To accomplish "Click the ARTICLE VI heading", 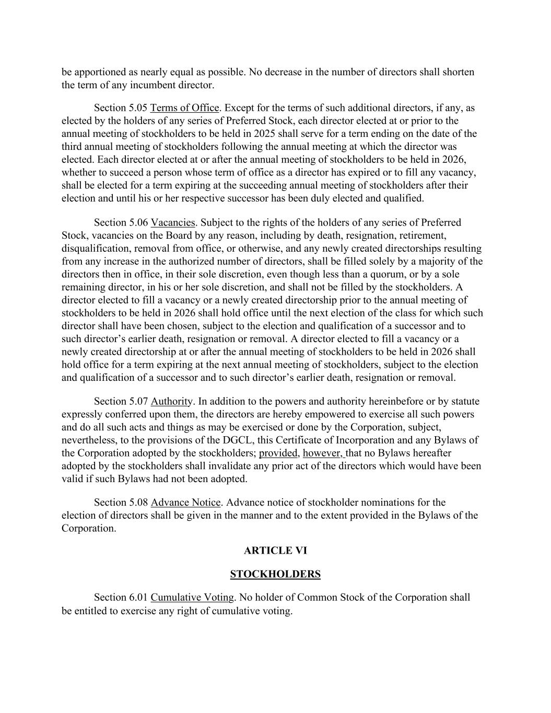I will pos(275,551).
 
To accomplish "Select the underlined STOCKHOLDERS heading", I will pos(275,574).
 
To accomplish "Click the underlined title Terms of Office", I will pos(184,108).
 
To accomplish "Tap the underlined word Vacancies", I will pos(173,223).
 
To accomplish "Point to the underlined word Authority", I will pos(172,402).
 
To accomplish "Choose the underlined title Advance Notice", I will pos(185,502).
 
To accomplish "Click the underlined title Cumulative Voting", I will pos(192,598).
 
